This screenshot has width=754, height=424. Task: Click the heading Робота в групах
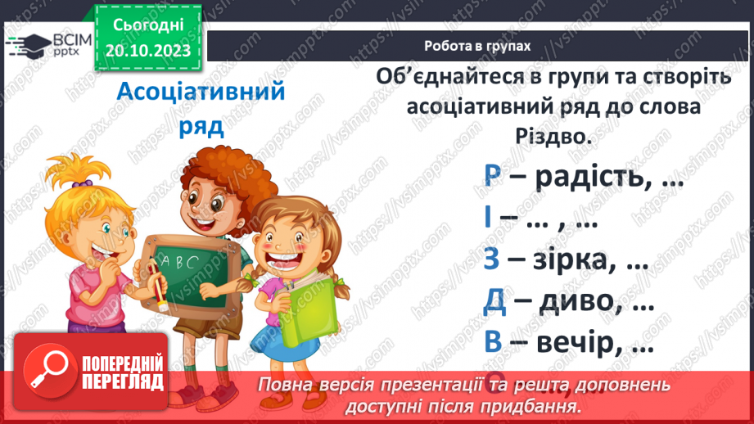click(477, 46)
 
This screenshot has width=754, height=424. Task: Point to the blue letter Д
click(494, 302)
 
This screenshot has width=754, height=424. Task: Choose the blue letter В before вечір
click(493, 343)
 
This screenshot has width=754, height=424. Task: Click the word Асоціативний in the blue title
click(201, 90)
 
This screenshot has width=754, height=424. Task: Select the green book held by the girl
click(313, 304)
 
